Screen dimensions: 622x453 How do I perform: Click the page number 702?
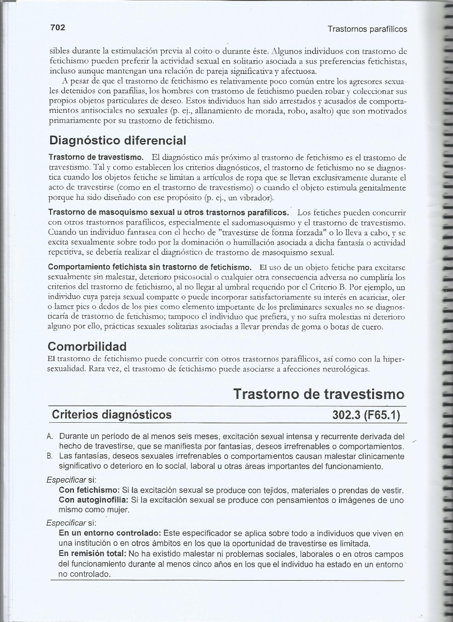[57, 28]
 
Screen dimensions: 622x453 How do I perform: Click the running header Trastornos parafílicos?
[367, 29]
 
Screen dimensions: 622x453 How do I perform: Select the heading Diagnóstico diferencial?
[118, 140]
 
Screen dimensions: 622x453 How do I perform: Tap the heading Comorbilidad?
[88, 346]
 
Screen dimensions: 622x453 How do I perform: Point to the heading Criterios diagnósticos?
[111, 415]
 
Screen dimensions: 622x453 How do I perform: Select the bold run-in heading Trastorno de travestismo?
[96, 158]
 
